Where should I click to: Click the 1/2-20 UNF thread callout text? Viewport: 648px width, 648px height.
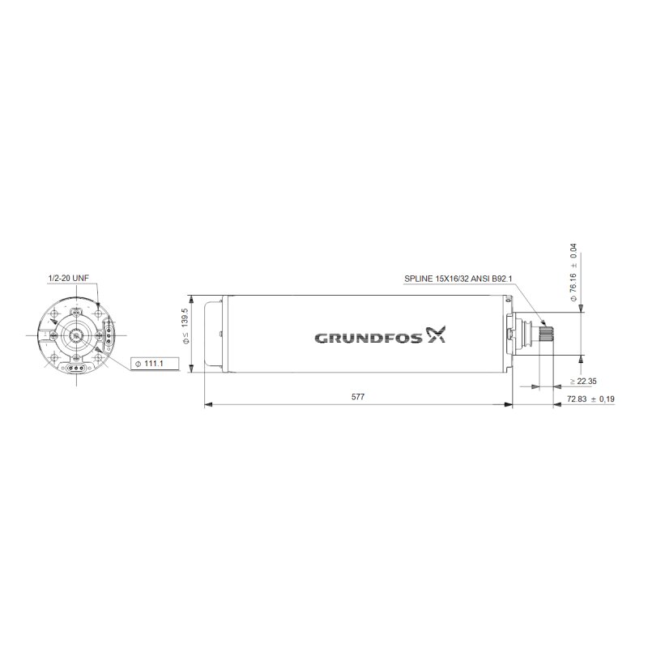[68, 278]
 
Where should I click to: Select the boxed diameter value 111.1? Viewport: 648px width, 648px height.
[151, 364]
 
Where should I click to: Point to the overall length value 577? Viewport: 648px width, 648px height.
[357, 397]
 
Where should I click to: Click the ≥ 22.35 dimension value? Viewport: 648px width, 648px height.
[583, 381]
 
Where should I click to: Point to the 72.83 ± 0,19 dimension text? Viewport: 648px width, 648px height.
[591, 399]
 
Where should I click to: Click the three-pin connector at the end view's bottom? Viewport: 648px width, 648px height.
[78, 367]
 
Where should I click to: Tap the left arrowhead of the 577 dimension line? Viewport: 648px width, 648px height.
[206, 404]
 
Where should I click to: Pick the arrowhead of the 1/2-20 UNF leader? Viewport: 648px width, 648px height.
[97, 305]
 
